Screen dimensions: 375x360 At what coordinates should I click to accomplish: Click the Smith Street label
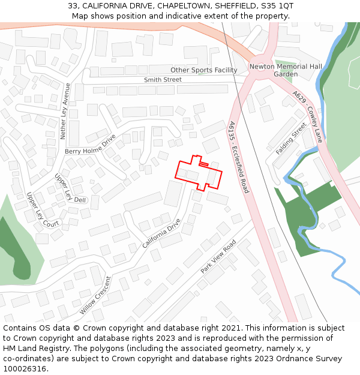point(163,80)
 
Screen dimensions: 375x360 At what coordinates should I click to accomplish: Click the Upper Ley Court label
point(43,210)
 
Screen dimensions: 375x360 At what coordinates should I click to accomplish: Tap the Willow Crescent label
point(95,295)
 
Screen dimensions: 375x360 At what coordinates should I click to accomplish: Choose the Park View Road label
point(218,257)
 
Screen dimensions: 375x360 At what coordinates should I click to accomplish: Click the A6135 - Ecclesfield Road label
point(238,157)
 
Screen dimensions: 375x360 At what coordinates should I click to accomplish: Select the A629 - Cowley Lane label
point(308,116)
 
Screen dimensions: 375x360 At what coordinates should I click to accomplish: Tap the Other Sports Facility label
point(204,70)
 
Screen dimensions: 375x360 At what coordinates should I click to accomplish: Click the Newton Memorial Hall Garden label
point(286,70)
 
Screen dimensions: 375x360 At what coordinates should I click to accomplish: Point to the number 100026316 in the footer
point(25,369)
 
